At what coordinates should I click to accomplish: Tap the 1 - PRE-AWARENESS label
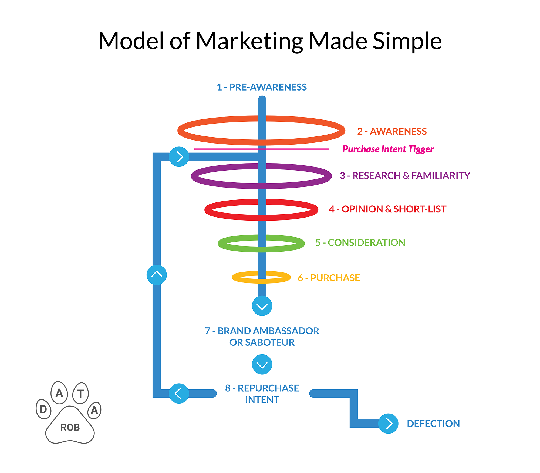[x=262, y=87]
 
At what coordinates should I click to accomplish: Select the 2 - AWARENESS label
[x=392, y=131]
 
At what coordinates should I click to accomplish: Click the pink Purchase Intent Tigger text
[x=388, y=149]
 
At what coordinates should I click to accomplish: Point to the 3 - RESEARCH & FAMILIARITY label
[x=405, y=176]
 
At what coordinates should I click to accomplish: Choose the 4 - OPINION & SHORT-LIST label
[x=387, y=209]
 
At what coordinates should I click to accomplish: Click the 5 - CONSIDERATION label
[x=360, y=243]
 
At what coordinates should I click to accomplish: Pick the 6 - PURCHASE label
[x=329, y=278]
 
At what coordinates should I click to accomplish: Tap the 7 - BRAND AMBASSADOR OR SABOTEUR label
[x=262, y=337]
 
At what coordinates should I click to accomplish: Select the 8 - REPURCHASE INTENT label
[x=262, y=394]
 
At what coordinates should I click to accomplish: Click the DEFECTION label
[x=433, y=424]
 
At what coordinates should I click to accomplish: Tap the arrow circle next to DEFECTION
[x=388, y=424]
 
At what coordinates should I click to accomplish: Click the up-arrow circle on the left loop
[x=157, y=275]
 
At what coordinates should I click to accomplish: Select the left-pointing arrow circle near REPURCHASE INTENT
[x=179, y=393]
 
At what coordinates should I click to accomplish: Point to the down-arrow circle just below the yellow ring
[x=262, y=306]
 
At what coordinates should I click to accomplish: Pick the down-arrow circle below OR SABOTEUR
[x=262, y=364]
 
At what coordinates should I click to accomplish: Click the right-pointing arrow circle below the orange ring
[x=179, y=157]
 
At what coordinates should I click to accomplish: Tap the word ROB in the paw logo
[x=70, y=428]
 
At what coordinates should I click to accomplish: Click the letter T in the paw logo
[x=80, y=394]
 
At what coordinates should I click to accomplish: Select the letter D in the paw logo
[x=43, y=409]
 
